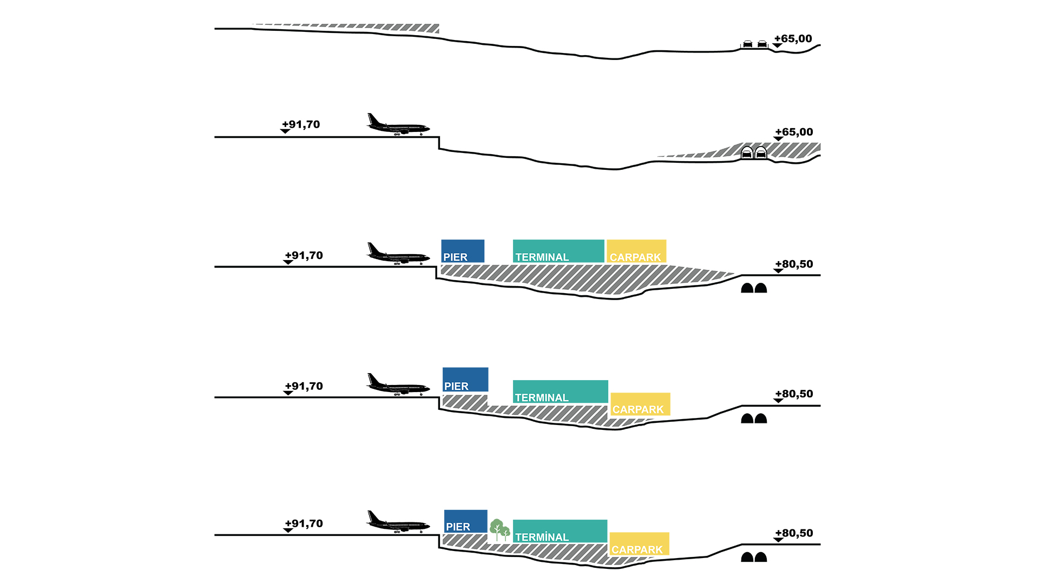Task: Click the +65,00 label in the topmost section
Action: point(793,39)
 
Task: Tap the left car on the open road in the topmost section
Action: point(747,44)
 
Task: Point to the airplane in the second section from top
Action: point(398,125)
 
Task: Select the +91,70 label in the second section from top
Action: point(301,124)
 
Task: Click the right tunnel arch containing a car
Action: point(761,152)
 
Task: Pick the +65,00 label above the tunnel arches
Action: point(794,132)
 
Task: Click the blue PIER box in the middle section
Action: point(463,251)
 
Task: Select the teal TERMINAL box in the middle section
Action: point(558,251)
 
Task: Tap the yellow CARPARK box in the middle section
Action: point(636,251)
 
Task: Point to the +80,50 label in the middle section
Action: point(794,264)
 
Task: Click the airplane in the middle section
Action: point(398,254)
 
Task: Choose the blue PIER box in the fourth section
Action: point(465,379)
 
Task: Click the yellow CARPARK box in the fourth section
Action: point(640,404)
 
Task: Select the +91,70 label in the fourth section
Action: point(304,386)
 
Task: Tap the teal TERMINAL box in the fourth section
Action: point(560,391)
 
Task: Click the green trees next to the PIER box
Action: point(499,530)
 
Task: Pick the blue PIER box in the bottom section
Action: point(465,521)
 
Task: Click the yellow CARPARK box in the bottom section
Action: point(639,543)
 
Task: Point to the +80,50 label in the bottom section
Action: point(794,533)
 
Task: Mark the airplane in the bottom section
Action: point(398,522)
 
